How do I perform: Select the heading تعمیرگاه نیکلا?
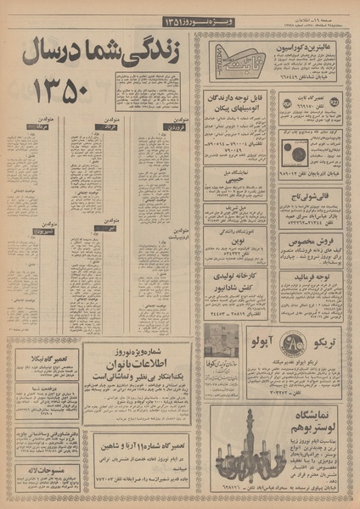(37, 350)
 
